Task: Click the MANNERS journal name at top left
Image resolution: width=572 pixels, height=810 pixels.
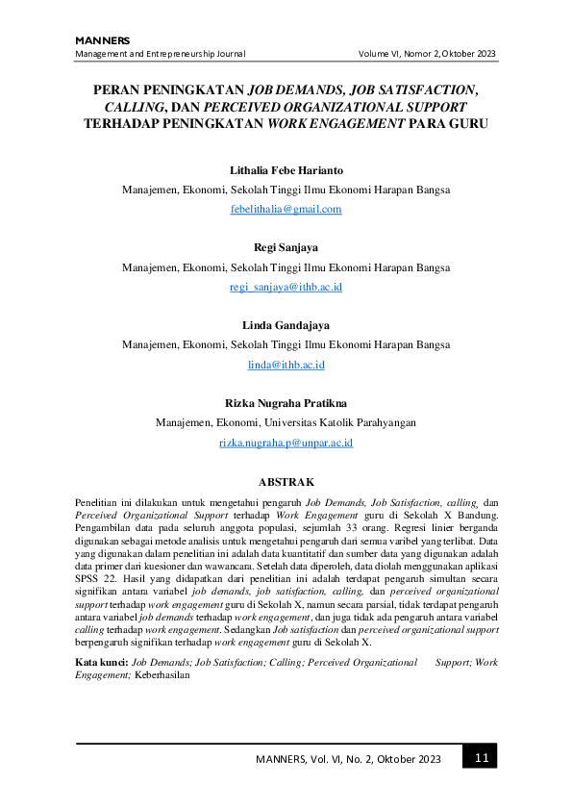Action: click(102, 39)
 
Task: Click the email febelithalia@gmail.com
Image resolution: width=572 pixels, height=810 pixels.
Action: click(286, 209)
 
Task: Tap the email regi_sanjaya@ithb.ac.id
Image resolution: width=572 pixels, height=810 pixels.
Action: click(286, 287)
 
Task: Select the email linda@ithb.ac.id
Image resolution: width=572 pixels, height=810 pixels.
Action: click(286, 365)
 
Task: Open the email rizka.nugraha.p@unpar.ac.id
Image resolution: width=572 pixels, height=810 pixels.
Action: click(286, 443)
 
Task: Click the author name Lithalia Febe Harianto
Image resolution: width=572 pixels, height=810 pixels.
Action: click(286, 170)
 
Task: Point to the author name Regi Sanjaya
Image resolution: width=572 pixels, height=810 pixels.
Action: click(286, 248)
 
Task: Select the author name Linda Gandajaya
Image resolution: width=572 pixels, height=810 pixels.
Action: click(286, 326)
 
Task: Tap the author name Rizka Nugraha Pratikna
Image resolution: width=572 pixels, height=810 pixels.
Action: click(286, 404)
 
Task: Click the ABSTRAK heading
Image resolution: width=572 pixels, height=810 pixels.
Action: click(286, 481)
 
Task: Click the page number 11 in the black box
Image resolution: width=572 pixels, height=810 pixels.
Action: click(481, 758)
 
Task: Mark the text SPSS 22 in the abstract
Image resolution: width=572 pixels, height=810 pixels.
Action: click(91, 574)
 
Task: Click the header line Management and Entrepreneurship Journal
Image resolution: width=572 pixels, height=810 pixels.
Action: click(161, 54)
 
